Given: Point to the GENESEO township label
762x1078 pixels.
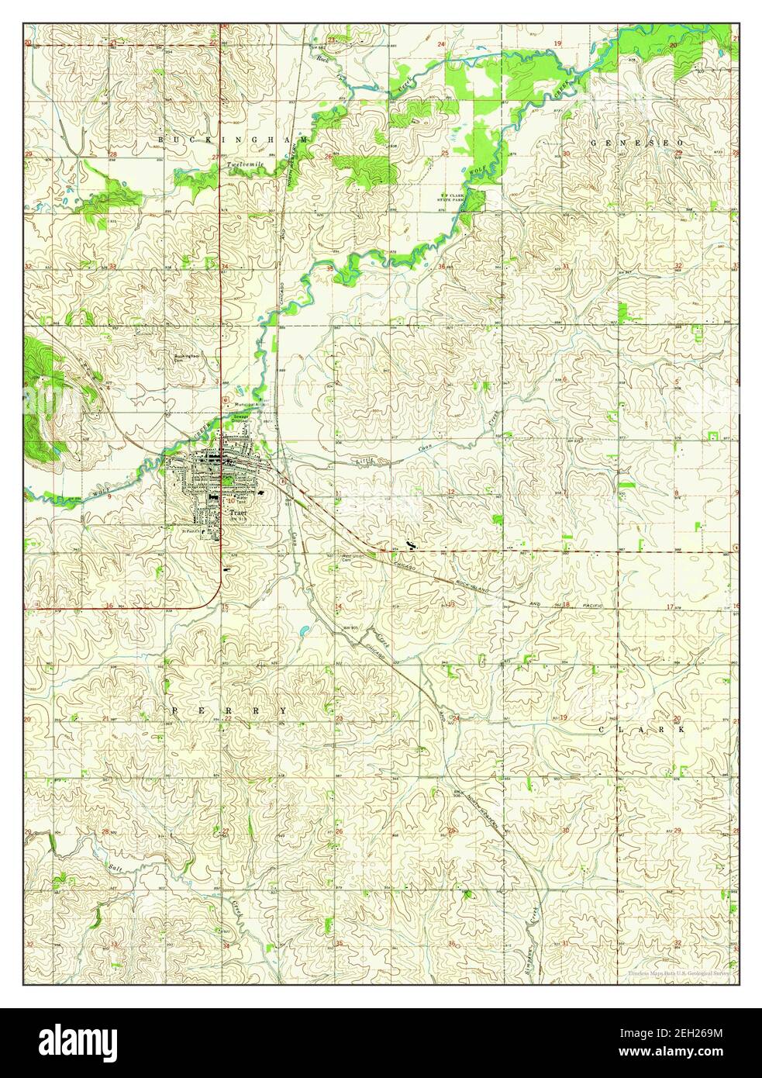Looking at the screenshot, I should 636,143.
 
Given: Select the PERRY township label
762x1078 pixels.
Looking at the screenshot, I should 229,710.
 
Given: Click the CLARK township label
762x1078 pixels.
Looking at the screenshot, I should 643,730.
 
